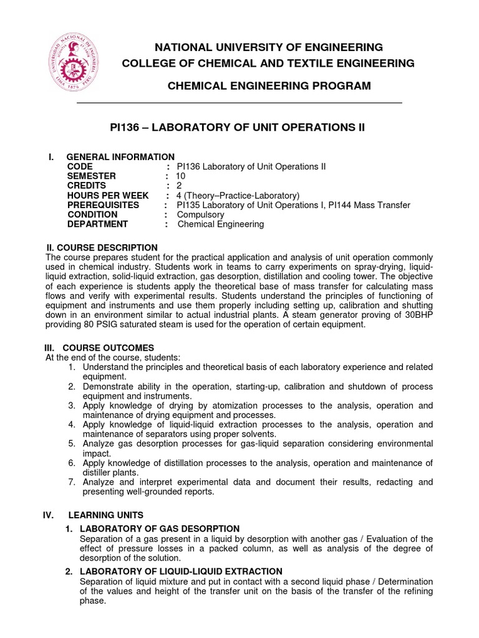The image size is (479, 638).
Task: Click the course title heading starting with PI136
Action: [236, 128]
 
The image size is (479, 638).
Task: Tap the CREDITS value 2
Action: [180, 186]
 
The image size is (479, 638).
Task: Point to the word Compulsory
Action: [201, 214]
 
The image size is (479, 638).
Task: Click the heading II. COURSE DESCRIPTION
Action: [103, 248]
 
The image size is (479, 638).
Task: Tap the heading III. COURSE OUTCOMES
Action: [100, 348]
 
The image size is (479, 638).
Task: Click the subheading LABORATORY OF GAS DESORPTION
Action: [160, 529]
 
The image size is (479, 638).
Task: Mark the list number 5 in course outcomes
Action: [72, 444]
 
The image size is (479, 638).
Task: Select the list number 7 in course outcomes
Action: [72, 482]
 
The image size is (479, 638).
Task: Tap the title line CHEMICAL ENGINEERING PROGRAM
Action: [269, 85]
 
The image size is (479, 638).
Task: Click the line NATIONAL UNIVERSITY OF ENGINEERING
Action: [269, 47]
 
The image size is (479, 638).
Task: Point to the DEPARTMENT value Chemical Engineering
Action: [221, 224]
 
